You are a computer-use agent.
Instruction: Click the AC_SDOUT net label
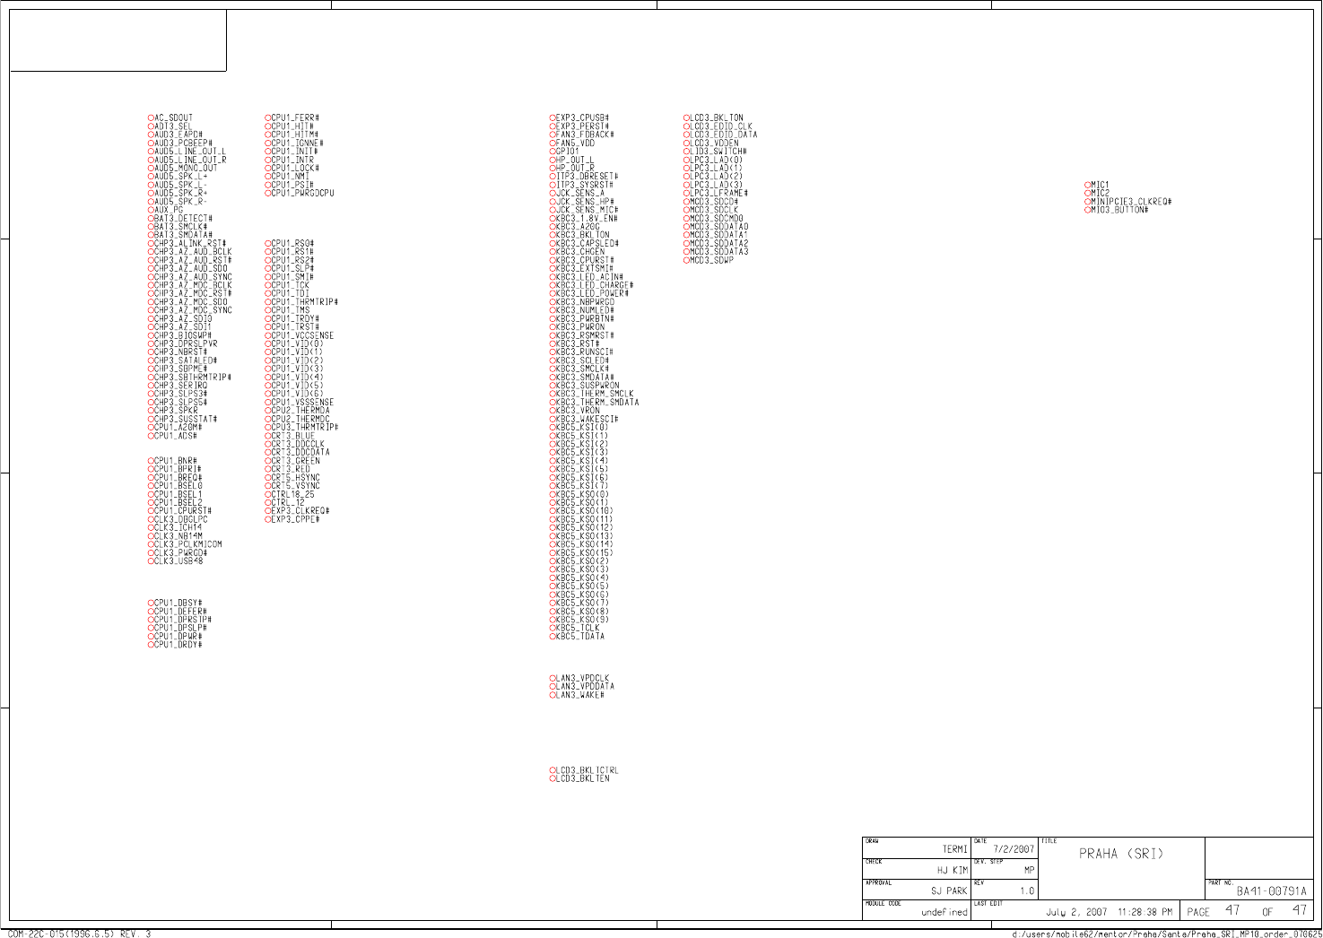click(x=173, y=117)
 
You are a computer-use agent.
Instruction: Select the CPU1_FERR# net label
click(x=295, y=117)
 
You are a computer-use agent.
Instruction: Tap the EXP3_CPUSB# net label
click(x=583, y=117)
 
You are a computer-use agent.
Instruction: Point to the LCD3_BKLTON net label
click(x=717, y=117)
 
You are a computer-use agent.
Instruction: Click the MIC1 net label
click(x=1100, y=185)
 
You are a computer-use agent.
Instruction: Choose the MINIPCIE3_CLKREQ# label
click(x=1131, y=202)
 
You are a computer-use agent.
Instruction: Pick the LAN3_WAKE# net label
click(x=580, y=695)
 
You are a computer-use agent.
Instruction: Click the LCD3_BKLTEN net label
click(x=582, y=778)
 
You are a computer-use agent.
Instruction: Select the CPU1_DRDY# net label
click(x=178, y=645)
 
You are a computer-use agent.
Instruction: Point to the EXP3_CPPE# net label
click(x=295, y=519)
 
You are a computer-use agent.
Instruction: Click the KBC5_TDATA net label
click(x=580, y=637)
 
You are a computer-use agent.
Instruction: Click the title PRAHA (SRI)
click(x=1120, y=854)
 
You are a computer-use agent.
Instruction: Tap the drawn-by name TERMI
click(x=954, y=849)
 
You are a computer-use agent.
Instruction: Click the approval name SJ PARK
click(x=949, y=891)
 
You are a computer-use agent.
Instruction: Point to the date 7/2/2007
click(x=1014, y=849)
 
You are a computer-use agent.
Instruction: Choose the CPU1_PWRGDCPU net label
click(x=302, y=194)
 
